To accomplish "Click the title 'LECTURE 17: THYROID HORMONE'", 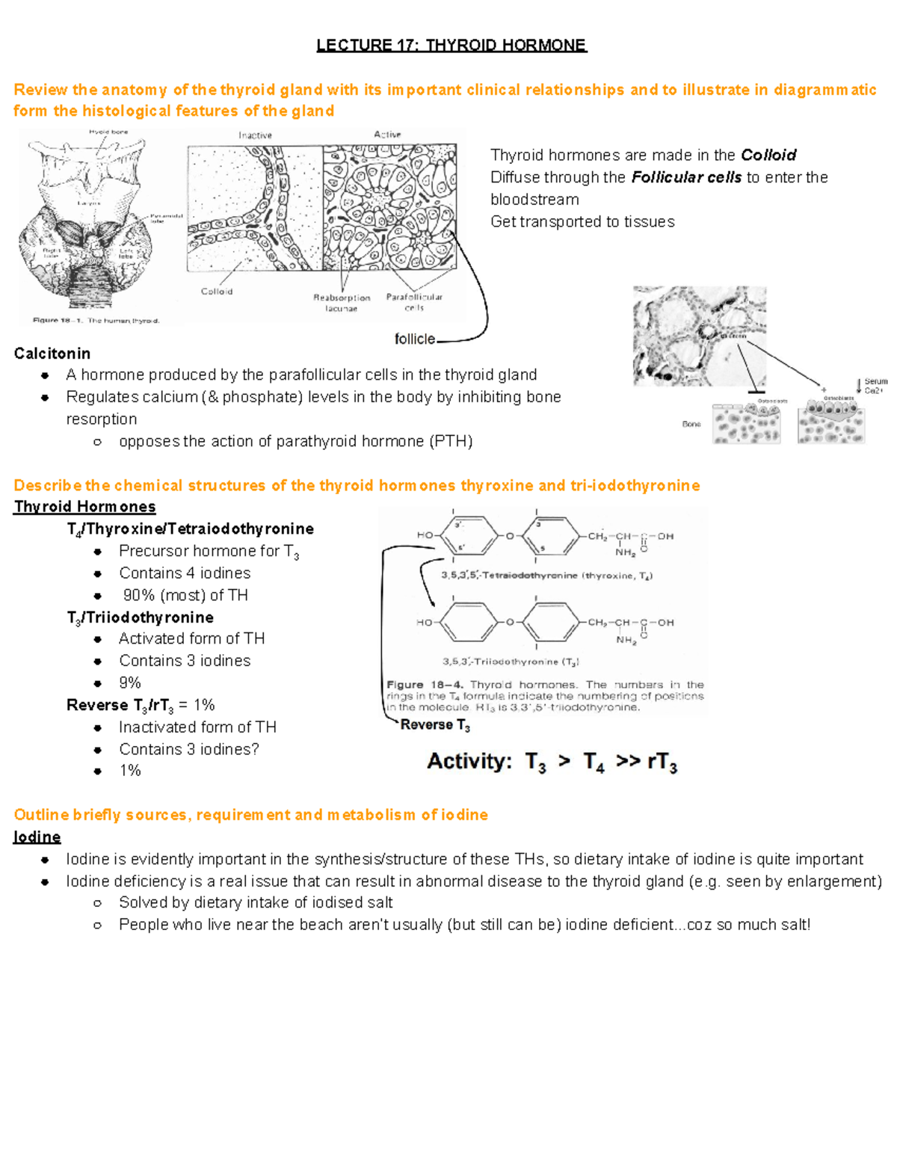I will point(451,45).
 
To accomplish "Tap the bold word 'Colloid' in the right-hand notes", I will point(768,155).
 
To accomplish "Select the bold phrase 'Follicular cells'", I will point(686,178).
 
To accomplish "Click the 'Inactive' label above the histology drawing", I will point(255,135).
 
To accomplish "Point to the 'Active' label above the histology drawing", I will point(387,135).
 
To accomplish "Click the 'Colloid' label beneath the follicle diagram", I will point(217,292).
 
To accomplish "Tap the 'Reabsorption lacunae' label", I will point(342,303).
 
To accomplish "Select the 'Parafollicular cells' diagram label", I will point(414,302).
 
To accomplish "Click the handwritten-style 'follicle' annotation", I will point(414,339).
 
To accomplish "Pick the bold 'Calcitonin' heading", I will point(52,354).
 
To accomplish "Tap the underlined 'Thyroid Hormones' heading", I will point(84,507).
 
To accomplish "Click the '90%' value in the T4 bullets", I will point(139,596).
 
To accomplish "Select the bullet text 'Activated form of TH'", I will point(191,639).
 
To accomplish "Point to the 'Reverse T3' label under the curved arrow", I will point(435,725).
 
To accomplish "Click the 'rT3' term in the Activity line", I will point(662,763).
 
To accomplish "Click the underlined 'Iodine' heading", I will point(37,837).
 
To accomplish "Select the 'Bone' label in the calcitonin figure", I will point(691,424).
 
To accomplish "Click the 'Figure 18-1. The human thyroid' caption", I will point(96,321).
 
